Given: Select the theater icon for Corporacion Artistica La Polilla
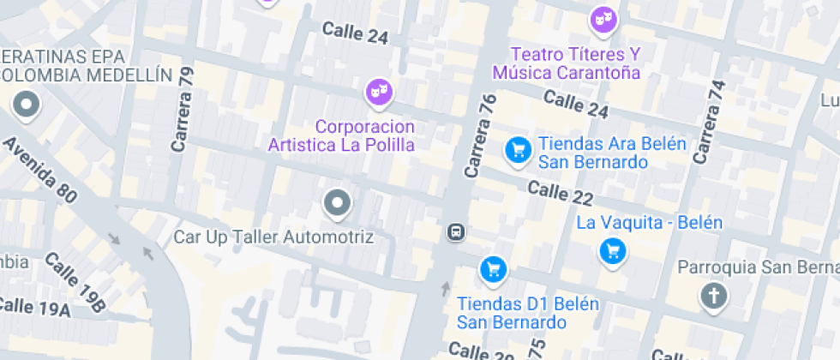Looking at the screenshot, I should [378, 91].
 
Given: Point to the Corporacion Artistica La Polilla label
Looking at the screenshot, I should [341, 135].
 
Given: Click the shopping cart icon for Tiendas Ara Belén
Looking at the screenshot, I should [517, 151].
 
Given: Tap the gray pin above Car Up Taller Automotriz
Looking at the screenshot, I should [337, 204].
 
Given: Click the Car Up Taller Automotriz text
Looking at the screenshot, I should [273, 237].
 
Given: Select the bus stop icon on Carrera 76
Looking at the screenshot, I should [456, 231].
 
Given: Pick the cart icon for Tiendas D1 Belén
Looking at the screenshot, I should [492, 270].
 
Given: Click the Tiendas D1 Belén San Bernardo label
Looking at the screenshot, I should [512, 313].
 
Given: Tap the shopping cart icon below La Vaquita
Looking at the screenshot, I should [612, 251].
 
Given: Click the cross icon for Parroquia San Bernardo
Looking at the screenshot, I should [712, 297].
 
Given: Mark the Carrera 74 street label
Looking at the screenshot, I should [709, 122].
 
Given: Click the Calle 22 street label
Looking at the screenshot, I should [561, 193].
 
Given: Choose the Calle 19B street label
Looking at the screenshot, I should [75, 282].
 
